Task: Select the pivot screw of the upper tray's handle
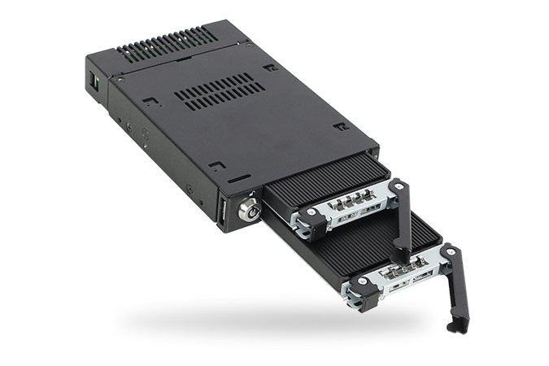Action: tap(396, 187)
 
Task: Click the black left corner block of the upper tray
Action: tap(308, 218)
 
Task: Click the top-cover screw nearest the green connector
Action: tap(120, 81)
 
